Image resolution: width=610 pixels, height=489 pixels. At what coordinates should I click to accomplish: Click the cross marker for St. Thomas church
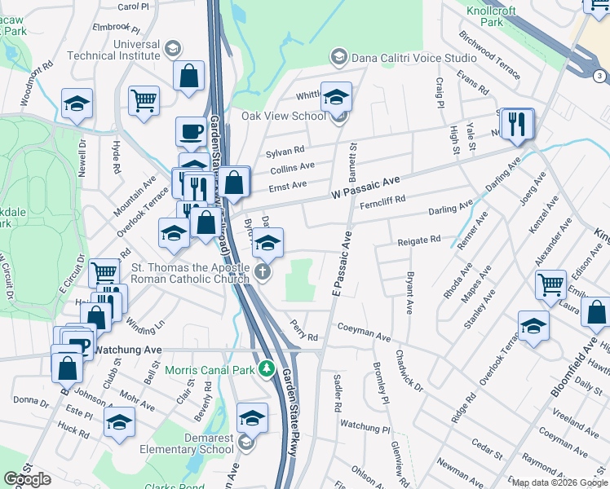pyautogui.click(x=263, y=272)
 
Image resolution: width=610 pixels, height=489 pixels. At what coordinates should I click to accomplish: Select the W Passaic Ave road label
pyautogui.click(x=366, y=188)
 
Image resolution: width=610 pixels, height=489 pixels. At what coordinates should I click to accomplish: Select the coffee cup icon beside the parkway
pyautogui.click(x=192, y=131)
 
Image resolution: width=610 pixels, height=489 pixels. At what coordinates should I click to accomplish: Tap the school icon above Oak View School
pyautogui.click(x=335, y=97)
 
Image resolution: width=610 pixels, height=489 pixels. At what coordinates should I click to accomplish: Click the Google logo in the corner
pyautogui.click(x=28, y=480)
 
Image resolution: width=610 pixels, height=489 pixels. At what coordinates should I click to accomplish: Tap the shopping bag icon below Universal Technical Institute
pyautogui.click(x=188, y=77)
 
